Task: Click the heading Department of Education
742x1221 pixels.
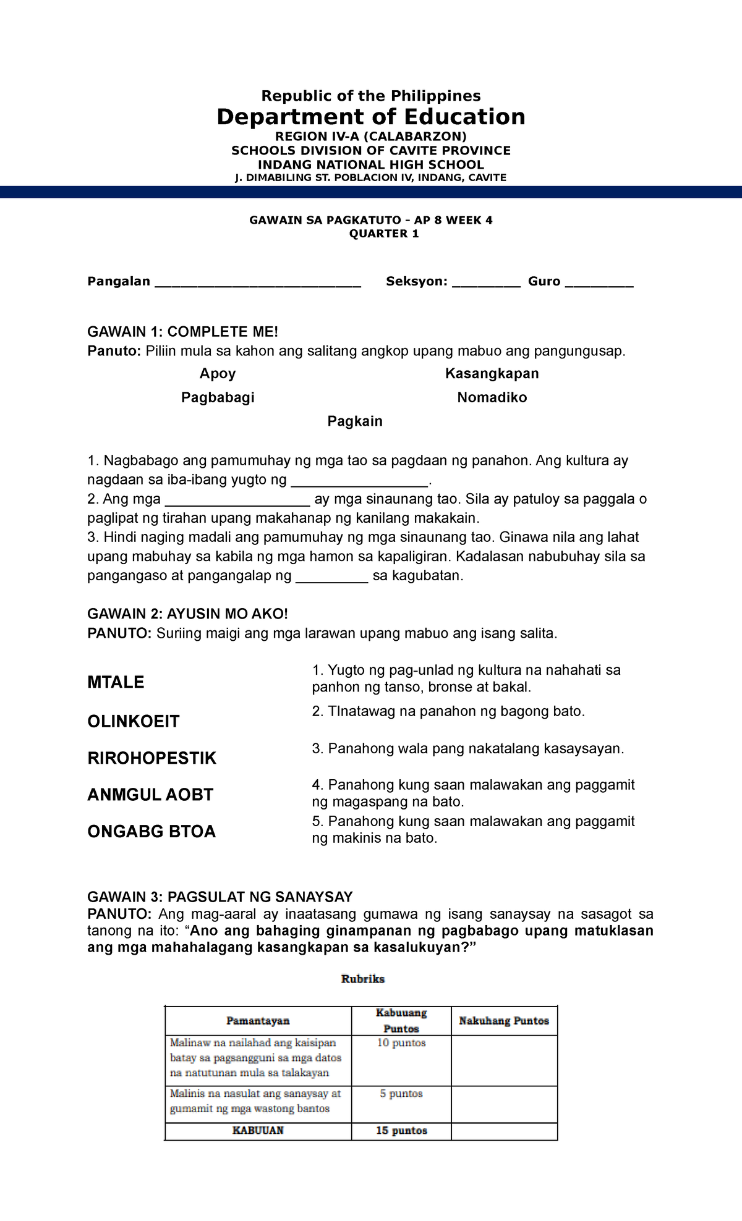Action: [x=370, y=117]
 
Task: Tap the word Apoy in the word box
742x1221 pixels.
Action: [x=218, y=373]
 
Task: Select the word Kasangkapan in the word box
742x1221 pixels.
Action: [x=492, y=373]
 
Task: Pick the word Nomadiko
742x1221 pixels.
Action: [x=492, y=397]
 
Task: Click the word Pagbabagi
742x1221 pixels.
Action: [x=218, y=397]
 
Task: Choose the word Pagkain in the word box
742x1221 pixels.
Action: [x=355, y=421]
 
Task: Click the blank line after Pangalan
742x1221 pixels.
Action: [x=257, y=284]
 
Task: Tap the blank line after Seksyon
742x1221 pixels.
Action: [x=486, y=284]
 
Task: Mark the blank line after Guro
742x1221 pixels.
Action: [x=599, y=284]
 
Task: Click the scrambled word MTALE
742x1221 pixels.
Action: [x=116, y=682]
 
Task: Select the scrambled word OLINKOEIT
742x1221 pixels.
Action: [x=134, y=721]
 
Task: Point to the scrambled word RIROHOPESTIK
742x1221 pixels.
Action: [x=151, y=758]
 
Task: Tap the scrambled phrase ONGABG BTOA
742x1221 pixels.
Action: [x=151, y=831]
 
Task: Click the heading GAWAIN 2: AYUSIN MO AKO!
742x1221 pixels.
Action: [x=187, y=614]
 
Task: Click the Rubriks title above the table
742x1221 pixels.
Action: [x=363, y=979]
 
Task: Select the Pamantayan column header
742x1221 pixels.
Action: [x=258, y=1021]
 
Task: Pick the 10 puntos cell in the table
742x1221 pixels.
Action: [x=401, y=1043]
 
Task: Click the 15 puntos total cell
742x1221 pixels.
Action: [x=401, y=1131]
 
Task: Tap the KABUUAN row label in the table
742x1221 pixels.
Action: [x=258, y=1131]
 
